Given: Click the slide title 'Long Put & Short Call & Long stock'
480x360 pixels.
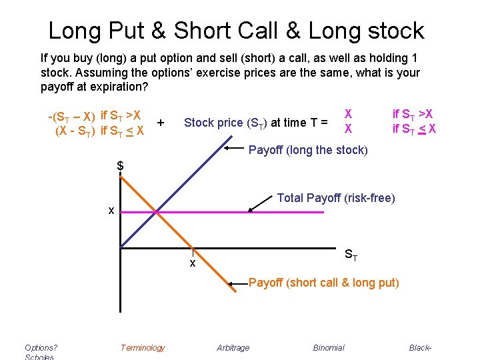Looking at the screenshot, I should pos(236,31).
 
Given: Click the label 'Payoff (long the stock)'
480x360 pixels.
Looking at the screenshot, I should pos(307,150).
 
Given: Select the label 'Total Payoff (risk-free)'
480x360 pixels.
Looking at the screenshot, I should pos(335,197).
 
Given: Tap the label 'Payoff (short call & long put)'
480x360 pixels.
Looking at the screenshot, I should pos(323,283).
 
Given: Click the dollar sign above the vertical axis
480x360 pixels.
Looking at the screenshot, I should pos(121,165).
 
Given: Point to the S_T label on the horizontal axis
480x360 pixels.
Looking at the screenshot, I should pos(351,255).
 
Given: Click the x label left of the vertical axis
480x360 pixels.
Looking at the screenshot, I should pos(112,211).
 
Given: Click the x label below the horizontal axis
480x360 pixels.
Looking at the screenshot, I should pos(192,263).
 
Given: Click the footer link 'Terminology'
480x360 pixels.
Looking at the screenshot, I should pos(143,347).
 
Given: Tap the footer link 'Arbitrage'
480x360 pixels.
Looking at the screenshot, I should pos(233,347).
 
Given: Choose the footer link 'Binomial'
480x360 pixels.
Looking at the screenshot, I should pos(329,347).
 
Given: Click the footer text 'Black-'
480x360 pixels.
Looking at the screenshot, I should pos(421,347).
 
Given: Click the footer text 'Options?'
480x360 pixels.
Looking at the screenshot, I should pos(41,347).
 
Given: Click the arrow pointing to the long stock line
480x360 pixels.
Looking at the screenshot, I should pos(234,148).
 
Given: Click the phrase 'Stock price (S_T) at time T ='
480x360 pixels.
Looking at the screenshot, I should pos(256,122).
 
